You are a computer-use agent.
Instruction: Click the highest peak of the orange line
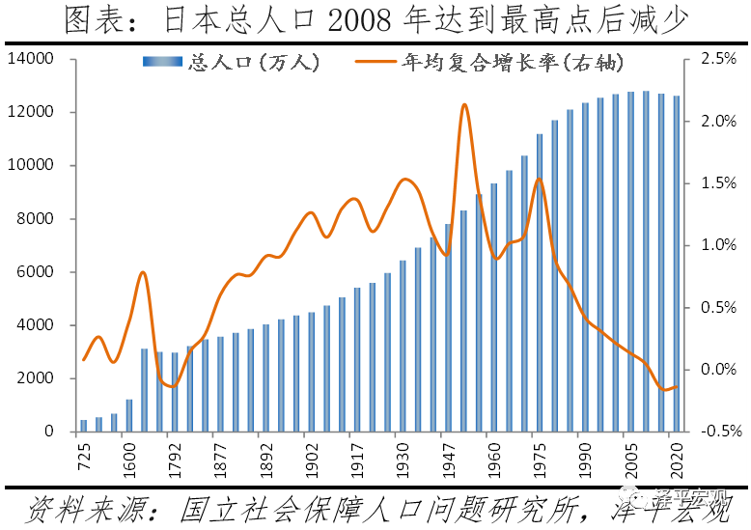tap(464, 105)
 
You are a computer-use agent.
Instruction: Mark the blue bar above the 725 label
tap(84, 426)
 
